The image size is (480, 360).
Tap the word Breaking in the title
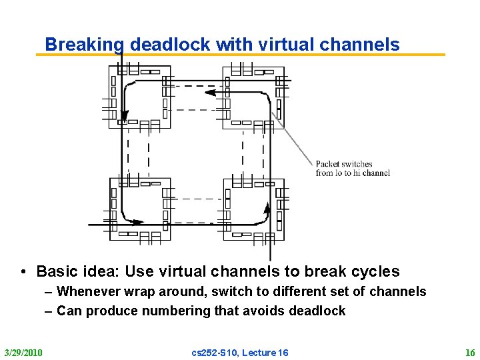pyautogui.click(x=85, y=45)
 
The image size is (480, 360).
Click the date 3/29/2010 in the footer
pyautogui.click(x=23, y=352)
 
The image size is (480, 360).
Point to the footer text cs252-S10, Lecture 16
pyautogui.click(x=240, y=352)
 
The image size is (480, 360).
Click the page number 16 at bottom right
pyautogui.click(x=469, y=352)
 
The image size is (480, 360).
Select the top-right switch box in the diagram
pyautogui.click(x=253, y=94)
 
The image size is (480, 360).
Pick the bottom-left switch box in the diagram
pyautogui.click(x=139, y=207)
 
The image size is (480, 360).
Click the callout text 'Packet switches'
pyautogui.click(x=344, y=164)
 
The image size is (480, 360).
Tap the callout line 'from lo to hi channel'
pyautogui.click(x=353, y=173)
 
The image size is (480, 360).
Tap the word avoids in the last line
pyautogui.click(x=266, y=311)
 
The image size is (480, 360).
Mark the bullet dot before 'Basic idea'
pyautogui.click(x=23, y=272)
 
